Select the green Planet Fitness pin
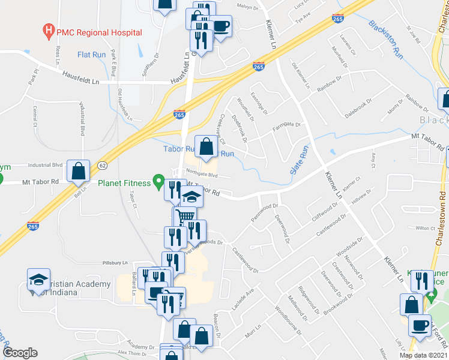coord(158,179)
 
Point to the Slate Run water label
coord(300,160)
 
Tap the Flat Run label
coord(92,55)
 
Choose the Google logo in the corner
coord(20,353)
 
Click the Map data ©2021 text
coord(423,355)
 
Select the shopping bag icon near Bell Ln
coord(79,171)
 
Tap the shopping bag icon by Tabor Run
coord(206,146)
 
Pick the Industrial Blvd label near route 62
coord(45,164)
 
